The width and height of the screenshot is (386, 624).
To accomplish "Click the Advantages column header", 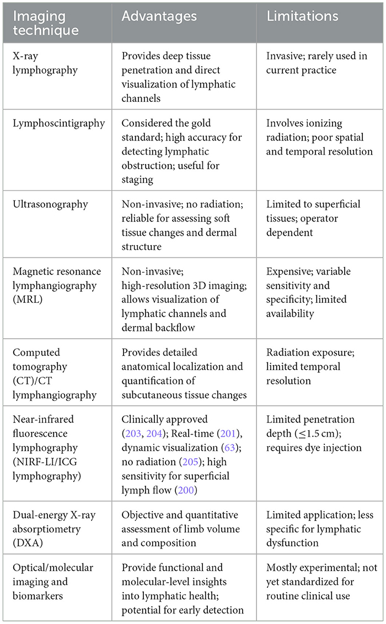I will click(159, 16).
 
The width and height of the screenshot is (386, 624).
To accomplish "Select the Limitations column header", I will click(302, 16).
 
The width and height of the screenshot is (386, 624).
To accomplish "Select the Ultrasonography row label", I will click(50, 204).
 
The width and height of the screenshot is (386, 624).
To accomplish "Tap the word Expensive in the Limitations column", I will click(290, 271).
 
